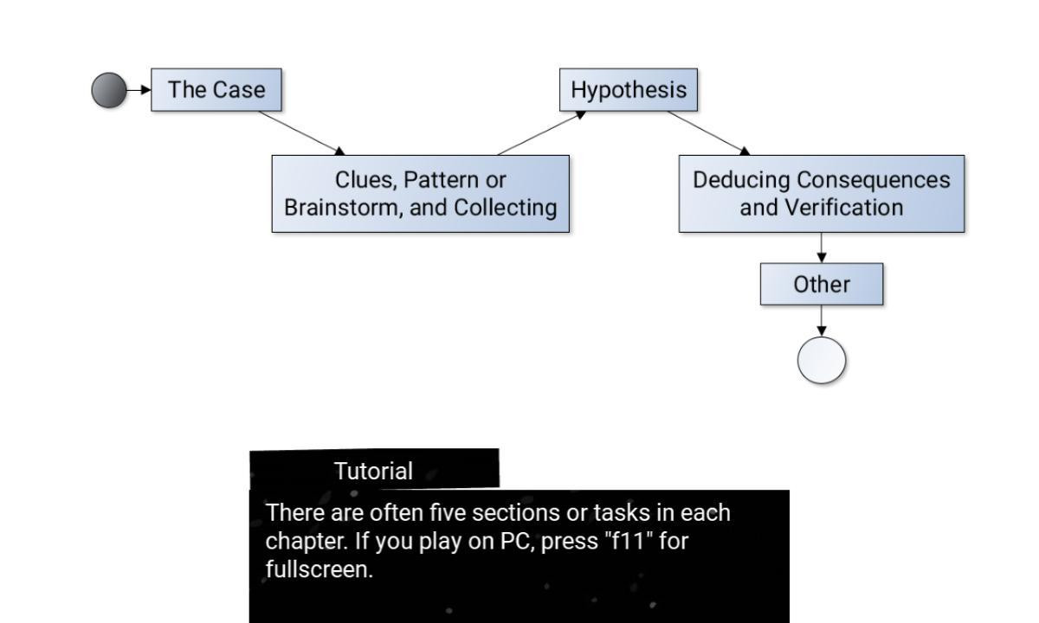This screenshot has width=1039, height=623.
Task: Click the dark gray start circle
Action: [109, 90]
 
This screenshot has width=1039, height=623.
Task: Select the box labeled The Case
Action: [216, 90]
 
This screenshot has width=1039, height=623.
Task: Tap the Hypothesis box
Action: [629, 90]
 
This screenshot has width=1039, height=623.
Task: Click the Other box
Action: [822, 284]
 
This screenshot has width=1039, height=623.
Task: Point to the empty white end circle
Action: [822, 360]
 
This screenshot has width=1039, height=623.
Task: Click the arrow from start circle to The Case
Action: [139, 90]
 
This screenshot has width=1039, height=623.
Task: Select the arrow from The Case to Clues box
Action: [302, 133]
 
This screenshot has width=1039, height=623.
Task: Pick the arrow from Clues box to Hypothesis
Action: [541, 133]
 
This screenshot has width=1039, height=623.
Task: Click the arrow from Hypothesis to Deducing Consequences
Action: [709, 133]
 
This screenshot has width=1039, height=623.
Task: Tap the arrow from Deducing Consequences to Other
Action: [822, 247]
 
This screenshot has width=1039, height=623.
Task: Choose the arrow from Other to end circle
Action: [822, 321]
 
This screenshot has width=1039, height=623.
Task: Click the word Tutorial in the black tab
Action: [373, 472]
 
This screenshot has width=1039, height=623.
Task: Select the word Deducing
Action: [741, 180]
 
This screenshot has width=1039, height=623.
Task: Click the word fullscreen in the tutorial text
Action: [319, 568]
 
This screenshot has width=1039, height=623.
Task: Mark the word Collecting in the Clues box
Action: [505, 207]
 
